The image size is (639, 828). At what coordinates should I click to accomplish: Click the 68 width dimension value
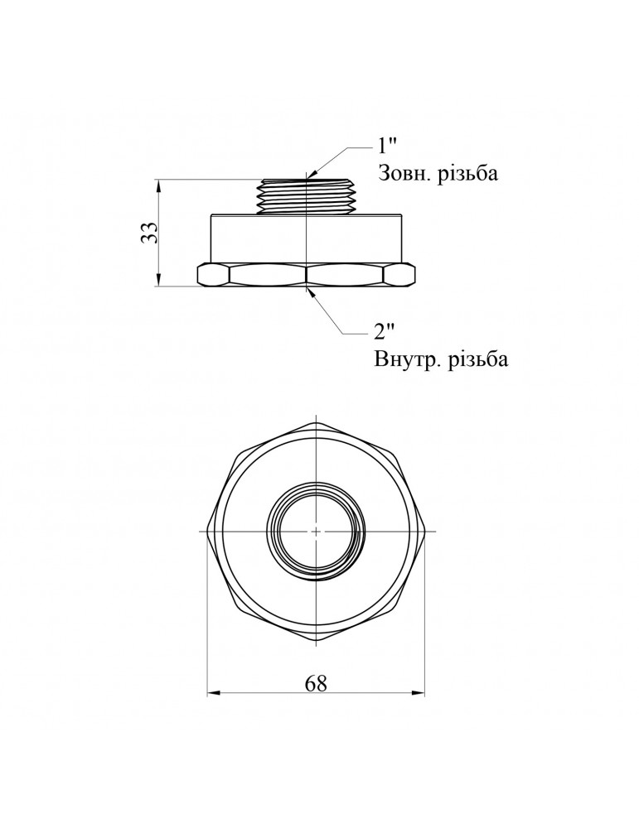(316, 683)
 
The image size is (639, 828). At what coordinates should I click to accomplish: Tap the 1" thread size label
(387, 147)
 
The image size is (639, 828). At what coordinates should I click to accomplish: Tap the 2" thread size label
(385, 333)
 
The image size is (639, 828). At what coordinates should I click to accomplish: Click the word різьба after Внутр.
(477, 361)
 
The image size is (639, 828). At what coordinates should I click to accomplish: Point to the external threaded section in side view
(307, 196)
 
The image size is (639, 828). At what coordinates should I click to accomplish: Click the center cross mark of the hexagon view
(316, 530)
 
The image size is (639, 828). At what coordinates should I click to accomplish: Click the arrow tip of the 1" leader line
(307, 177)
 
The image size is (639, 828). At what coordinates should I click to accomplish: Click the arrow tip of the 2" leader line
(308, 289)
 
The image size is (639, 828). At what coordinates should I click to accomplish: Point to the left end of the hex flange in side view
(199, 274)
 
